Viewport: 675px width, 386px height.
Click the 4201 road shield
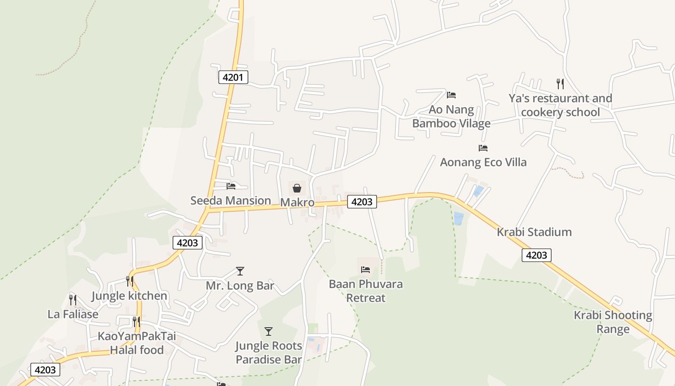[x=233, y=77]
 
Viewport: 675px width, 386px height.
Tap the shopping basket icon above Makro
[x=297, y=188]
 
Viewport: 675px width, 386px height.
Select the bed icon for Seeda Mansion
[x=231, y=186]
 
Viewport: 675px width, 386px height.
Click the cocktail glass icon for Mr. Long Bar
[x=240, y=271]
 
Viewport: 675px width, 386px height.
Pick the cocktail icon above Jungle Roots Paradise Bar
[x=269, y=331]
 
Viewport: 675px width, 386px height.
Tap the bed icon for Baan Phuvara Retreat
[x=365, y=269]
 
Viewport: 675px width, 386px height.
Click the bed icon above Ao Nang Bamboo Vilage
[x=451, y=95]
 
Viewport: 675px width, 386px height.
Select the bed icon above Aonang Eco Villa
[x=483, y=148]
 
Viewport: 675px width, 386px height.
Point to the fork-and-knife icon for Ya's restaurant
[x=560, y=84]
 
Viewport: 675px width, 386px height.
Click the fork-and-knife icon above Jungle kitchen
[x=129, y=281]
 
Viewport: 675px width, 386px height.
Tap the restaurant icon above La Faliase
[x=73, y=300]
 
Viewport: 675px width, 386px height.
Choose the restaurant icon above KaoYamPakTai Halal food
[x=136, y=321]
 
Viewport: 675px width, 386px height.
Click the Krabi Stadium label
[x=534, y=232]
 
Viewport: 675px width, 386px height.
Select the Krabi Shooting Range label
[x=613, y=322]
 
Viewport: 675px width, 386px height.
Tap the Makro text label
[x=297, y=202]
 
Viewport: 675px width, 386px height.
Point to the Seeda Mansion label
[x=230, y=201]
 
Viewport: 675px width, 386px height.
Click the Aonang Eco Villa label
[x=483, y=162]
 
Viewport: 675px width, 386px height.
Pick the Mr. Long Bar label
[x=240, y=286]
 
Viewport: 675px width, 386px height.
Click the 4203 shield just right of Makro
[x=362, y=202]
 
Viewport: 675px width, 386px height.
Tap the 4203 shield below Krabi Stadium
[x=536, y=255]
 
